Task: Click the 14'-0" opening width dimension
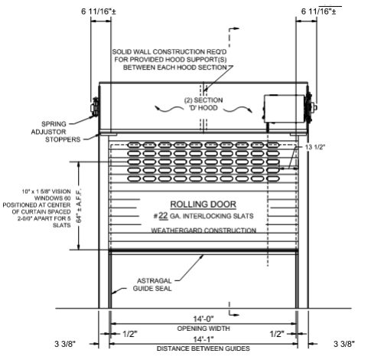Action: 204,319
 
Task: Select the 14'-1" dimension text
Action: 204,339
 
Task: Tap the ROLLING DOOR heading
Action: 204,205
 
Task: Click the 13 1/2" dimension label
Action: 315,147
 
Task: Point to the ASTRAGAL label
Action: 155,281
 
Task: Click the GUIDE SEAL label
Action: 152,289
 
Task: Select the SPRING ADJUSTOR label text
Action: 49,128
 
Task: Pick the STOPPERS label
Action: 63,139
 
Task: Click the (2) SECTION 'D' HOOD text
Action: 204,104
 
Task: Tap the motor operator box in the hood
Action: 284,109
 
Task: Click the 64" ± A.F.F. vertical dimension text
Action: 79,206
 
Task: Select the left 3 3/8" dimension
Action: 65,344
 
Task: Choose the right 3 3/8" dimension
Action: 344,344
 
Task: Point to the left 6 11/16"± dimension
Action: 99,11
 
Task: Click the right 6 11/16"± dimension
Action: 318,11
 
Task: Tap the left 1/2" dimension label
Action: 130,334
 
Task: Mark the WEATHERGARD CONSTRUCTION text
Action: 204,231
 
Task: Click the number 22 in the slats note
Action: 163,216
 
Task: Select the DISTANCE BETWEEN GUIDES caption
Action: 204,349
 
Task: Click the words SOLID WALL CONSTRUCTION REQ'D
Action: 169,52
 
